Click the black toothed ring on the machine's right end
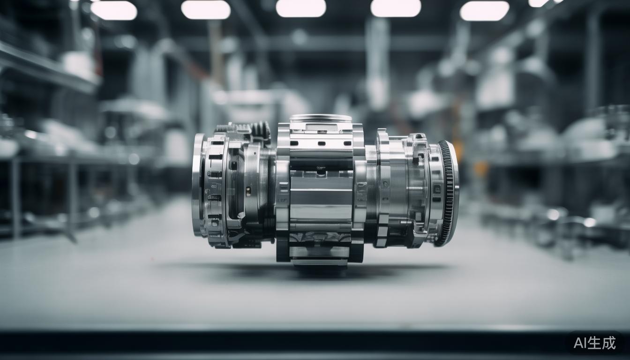448,194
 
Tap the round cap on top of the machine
321,118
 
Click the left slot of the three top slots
294,143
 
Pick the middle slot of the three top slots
321,143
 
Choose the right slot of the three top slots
348,143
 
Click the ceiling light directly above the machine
301,8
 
